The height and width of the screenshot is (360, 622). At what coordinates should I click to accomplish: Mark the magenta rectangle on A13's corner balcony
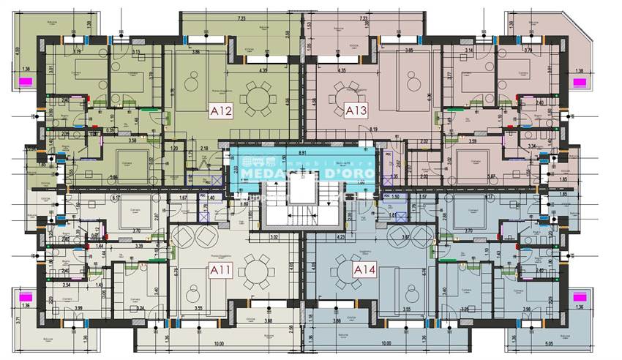pos(579,83)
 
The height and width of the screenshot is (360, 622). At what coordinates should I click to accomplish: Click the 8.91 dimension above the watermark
pos(301,153)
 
